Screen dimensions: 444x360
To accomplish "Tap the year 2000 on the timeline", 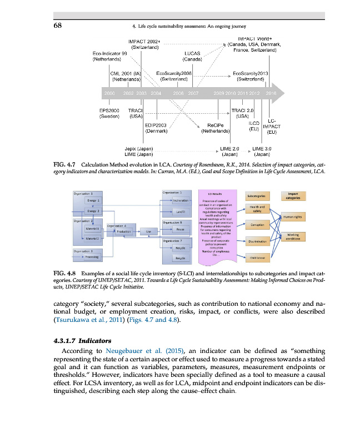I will (x=109, y=93).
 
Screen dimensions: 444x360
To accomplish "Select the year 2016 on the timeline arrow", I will (x=271, y=93).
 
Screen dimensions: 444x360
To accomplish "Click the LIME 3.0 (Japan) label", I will (x=262, y=152).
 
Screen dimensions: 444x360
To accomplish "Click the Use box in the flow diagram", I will (x=149, y=232).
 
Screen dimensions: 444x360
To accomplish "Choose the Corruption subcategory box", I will (x=257, y=225).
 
